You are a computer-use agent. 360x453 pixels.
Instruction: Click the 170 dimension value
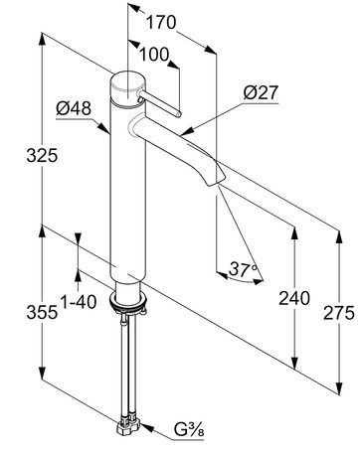point(161,23)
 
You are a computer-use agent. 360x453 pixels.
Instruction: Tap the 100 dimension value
point(154,55)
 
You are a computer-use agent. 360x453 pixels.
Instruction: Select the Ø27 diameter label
point(261,92)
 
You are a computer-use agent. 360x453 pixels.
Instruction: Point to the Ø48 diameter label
point(74,108)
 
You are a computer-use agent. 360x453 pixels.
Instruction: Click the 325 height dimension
point(42,155)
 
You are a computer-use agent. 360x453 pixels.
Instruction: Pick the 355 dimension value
point(42,312)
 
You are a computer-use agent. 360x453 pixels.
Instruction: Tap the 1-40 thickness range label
point(79,302)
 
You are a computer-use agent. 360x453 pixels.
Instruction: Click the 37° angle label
point(243,269)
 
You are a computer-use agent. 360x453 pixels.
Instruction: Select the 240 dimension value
point(294,298)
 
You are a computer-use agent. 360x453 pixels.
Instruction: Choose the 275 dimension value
point(339,313)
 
